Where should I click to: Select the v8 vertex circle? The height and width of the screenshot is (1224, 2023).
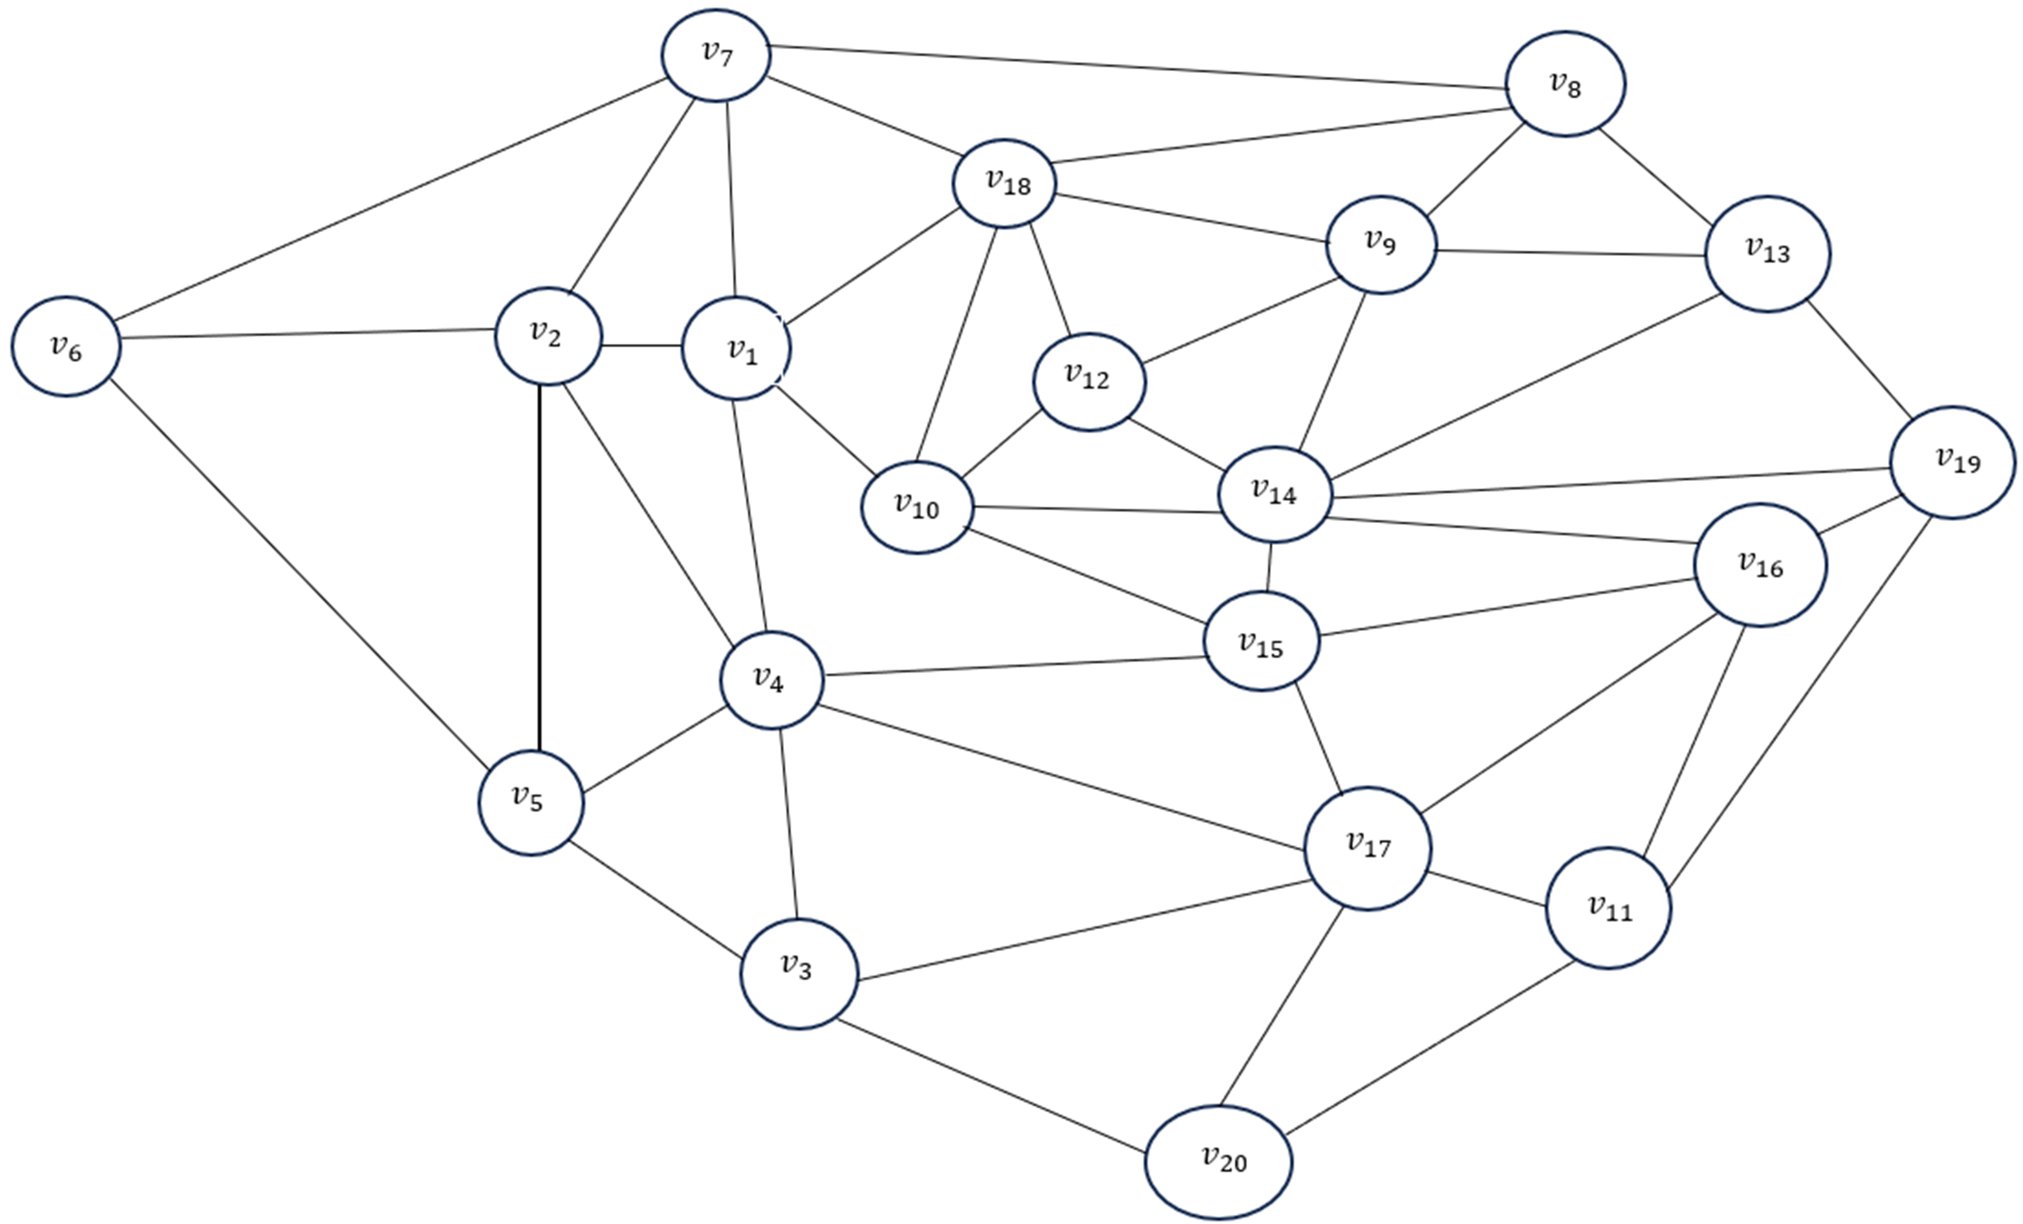pyautogui.click(x=1565, y=84)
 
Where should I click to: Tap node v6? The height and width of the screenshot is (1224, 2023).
pyautogui.click(x=66, y=346)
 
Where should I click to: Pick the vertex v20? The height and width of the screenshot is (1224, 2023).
pyautogui.click(x=1218, y=1162)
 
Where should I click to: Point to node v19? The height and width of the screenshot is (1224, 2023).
pyautogui.click(x=1952, y=462)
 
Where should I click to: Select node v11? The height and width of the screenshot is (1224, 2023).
pyautogui.click(x=1608, y=908)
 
